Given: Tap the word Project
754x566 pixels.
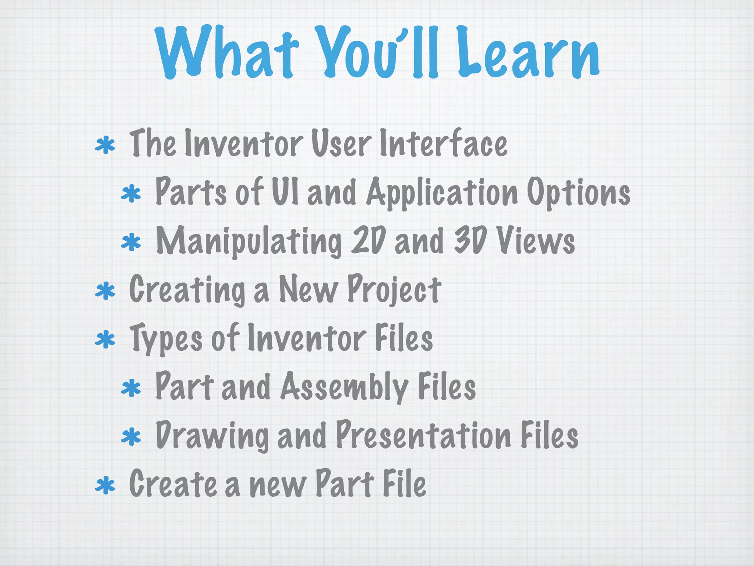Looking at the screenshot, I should coord(394,290).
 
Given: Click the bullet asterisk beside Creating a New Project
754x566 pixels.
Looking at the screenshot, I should coord(105,291).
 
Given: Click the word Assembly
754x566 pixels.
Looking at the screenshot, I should coord(344,387).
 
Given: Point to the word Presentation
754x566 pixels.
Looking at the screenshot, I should coord(424,435).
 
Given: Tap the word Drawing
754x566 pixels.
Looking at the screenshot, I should coord(212,436).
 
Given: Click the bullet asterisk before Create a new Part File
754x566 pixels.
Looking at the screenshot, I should coord(105,486).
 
